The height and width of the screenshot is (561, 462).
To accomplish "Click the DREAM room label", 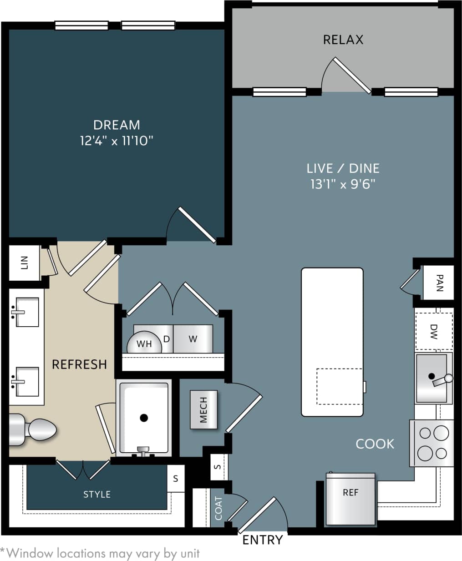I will tap(117, 125).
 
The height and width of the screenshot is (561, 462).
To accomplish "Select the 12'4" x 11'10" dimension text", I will tap(117, 141).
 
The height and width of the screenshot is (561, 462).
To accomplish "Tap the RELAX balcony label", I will tap(343, 40).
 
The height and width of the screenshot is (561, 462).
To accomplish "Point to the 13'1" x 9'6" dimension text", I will tap(343, 184).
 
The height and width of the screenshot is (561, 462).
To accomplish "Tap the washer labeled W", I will tap(193, 339).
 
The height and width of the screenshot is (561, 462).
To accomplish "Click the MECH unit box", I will tap(203, 409).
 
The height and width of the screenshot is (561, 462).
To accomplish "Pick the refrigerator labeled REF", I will tap(350, 499).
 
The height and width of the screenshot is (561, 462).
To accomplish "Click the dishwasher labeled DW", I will tap(433, 331).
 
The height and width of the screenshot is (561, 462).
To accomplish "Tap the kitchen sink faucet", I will tap(441, 379).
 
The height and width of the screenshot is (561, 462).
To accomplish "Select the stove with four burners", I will tap(433, 443).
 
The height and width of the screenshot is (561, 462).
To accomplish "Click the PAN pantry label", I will tap(439, 283).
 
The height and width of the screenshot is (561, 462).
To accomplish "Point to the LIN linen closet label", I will tap(25, 263).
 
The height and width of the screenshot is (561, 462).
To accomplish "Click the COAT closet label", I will tap(218, 508).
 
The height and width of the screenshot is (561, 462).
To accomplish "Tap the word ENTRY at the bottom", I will tap(263, 540).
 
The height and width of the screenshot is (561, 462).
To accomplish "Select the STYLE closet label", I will tap(97, 494).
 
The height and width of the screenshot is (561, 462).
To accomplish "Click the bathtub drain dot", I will tap(144, 417).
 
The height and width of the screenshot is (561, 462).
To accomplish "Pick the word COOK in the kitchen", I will tap(375, 444).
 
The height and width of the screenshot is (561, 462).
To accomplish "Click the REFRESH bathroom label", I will tap(79, 364).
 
